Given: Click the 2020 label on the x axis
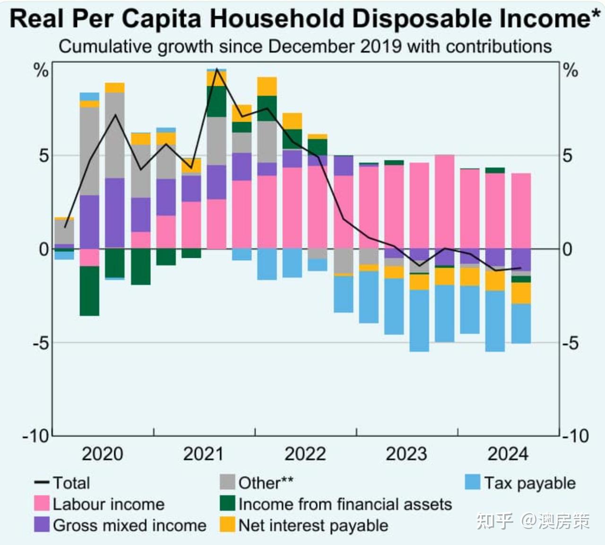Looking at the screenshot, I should (102, 454).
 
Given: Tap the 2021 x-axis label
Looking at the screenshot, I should (203, 454).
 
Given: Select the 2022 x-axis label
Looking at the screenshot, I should (305, 454).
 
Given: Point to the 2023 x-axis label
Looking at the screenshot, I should (406, 454).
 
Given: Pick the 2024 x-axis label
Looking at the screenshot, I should (508, 454).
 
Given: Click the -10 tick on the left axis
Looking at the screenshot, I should (35, 436).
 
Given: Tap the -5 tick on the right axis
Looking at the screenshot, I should (571, 343).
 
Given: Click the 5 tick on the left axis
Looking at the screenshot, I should (43, 156).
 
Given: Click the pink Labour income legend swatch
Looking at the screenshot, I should (42, 503).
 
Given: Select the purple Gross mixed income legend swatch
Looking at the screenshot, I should (42, 525).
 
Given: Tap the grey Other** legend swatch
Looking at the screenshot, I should (227, 483).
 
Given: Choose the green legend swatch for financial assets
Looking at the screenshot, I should (227, 503).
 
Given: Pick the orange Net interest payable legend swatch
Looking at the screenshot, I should (227, 525).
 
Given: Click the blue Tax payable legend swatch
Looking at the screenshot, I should (473, 483).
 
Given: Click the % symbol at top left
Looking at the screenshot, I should (41, 71).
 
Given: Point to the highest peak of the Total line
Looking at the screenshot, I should (216, 69).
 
